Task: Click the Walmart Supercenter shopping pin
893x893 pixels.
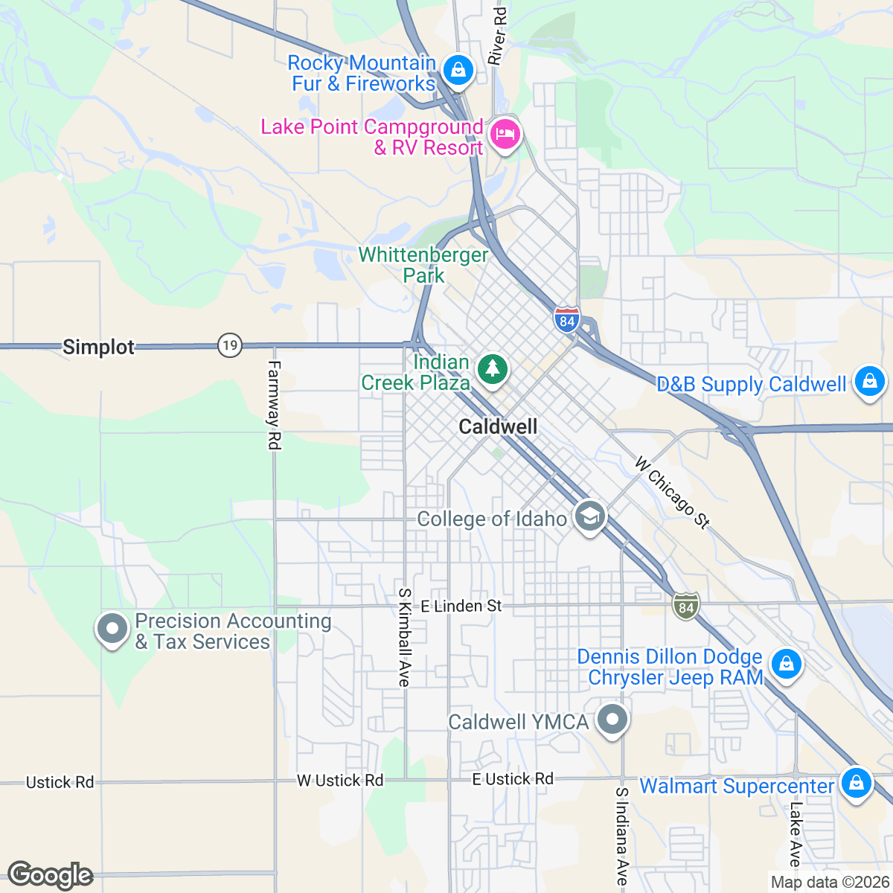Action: tap(856, 783)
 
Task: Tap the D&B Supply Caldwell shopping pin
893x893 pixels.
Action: tap(868, 381)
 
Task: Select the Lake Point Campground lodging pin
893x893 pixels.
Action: tap(505, 135)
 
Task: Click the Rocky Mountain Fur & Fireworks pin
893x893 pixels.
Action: tap(458, 71)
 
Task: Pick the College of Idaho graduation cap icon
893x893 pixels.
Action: tap(590, 516)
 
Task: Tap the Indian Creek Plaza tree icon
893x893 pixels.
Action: tap(492, 369)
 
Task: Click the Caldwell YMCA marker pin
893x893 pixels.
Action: tap(612, 720)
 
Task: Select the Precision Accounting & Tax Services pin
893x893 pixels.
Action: tap(112, 629)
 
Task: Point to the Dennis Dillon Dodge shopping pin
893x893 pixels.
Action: tap(786, 663)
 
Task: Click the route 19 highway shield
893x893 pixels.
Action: tap(230, 345)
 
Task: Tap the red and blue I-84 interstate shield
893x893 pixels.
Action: tap(567, 319)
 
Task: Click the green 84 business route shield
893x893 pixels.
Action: tap(685, 606)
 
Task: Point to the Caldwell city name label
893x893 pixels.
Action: tap(498, 426)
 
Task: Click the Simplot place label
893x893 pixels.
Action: tap(98, 347)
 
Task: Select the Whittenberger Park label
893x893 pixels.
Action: tap(423, 265)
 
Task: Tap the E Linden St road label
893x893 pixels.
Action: tap(461, 606)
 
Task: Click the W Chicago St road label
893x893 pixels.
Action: tap(672, 492)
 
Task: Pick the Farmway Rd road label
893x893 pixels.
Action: tap(274, 405)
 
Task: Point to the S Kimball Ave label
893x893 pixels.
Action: tap(404, 637)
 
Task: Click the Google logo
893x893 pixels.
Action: tap(50, 875)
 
